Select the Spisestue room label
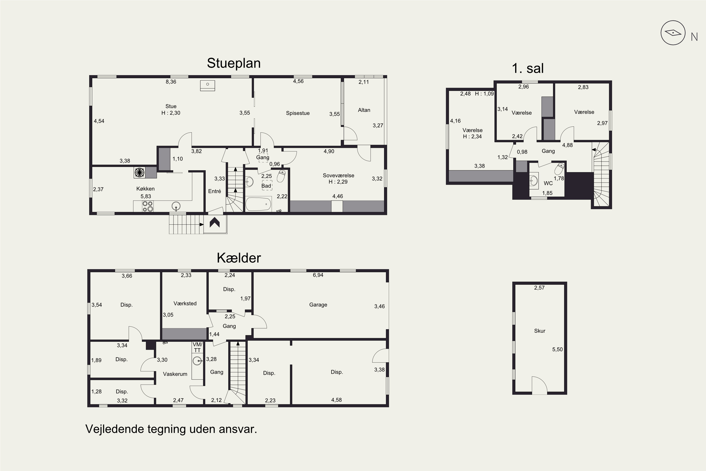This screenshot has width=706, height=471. tap(297, 113)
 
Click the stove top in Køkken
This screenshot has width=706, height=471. tap(148, 206)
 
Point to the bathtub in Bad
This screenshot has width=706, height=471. tap(258, 204)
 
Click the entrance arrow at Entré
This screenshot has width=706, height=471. tap(215, 223)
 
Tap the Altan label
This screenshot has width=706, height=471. tap(364, 110)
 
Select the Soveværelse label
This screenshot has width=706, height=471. tap(338, 175)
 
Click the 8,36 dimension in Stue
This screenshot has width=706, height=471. tap(171, 82)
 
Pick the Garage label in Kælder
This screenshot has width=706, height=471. tap(318, 305)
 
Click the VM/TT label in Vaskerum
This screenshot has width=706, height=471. tap(197, 347)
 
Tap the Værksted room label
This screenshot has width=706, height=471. tap(185, 303)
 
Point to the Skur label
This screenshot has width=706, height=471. tap(539, 331)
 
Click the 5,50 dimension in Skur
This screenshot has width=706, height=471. tap(558, 349)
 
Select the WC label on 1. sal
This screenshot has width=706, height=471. tap(548, 183)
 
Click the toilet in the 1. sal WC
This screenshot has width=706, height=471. tap(559, 169)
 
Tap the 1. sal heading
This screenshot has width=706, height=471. tap(528, 69)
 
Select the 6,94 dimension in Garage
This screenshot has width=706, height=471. tap(318, 275)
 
